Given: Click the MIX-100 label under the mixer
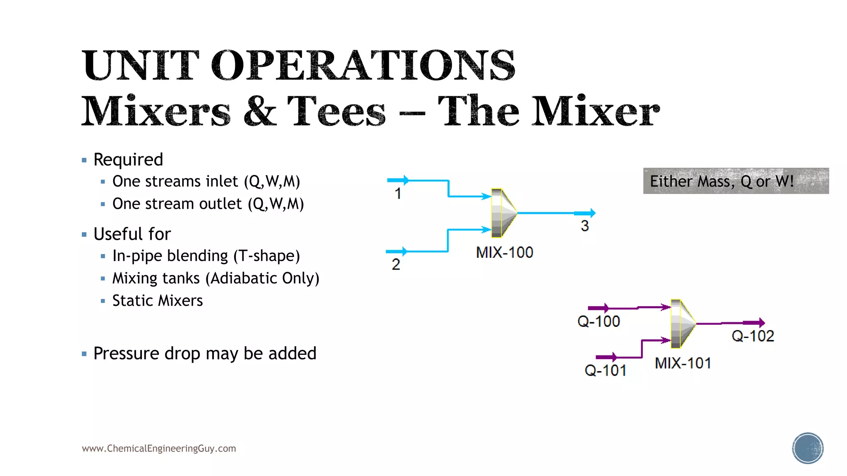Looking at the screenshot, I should coord(505,252).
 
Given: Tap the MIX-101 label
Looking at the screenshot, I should coord(683,363).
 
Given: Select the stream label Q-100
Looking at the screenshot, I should coord(598,321).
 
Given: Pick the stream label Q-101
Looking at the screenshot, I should coord(605,370).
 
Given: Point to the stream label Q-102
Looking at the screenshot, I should coord(753,336).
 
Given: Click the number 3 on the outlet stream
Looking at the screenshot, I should coord(585,226).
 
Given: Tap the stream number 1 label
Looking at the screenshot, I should coord(398,193).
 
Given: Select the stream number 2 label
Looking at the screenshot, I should coord(396,264).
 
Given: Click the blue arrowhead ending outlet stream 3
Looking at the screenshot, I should coord(592,213).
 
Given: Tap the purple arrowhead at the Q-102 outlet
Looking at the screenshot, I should coord(761,323).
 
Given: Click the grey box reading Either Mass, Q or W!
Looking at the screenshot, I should coord(736,181).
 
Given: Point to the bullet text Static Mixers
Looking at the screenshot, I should coord(158,300).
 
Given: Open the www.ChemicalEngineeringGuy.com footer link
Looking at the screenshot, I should coord(159,448).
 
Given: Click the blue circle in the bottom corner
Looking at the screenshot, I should coord(807,448).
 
